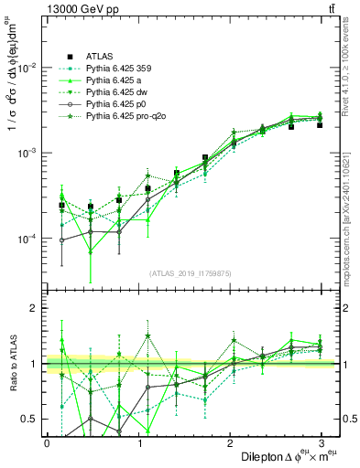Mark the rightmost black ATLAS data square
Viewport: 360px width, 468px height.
click(x=320, y=124)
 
